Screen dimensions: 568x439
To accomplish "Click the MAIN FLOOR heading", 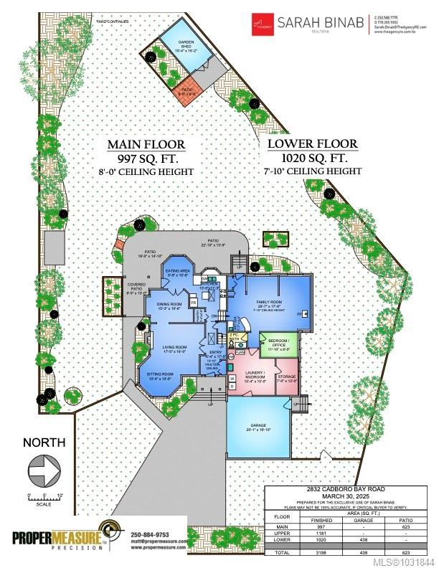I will pos(146,144).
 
